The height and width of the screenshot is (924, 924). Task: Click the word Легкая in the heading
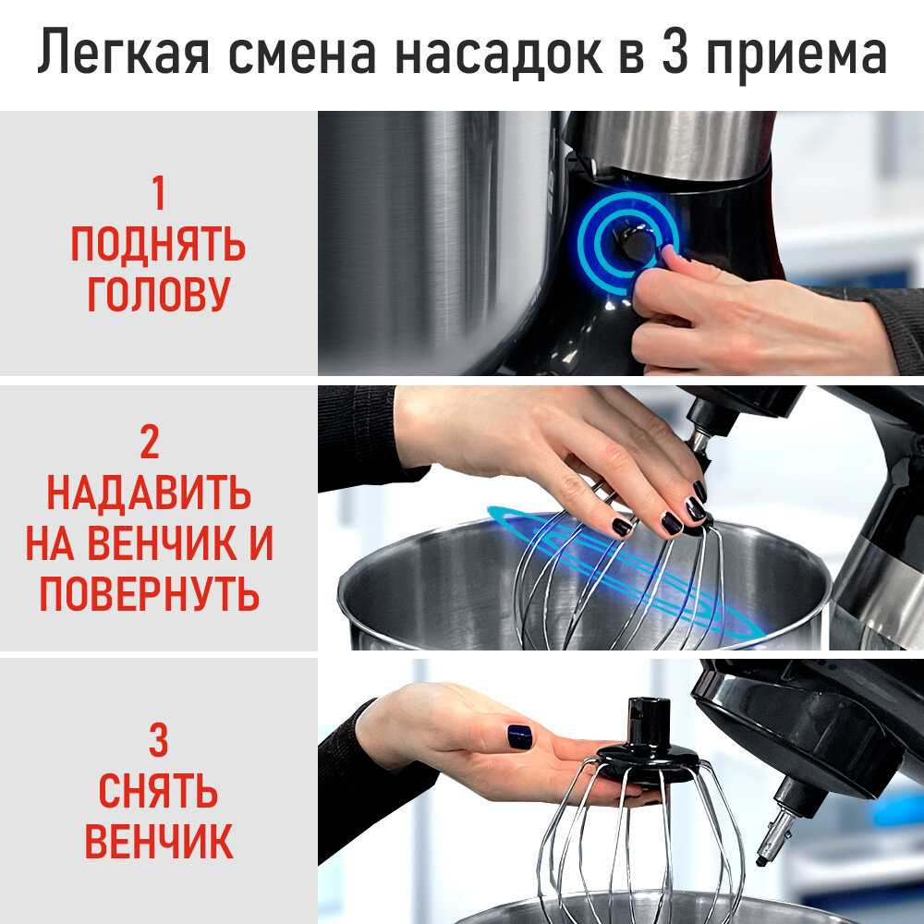(124, 53)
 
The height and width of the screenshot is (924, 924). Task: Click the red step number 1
(158, 193)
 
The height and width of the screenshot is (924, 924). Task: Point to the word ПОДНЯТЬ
(158, 244)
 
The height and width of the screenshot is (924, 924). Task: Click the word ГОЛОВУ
(158, 294)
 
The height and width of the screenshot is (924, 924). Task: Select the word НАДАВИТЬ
(149, 492)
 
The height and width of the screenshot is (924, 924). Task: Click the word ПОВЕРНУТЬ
(149, 593)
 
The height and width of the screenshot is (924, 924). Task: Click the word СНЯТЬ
(158, 791)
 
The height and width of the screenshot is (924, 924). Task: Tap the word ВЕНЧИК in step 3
(158, 842)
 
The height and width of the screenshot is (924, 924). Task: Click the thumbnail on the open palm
(519, 736)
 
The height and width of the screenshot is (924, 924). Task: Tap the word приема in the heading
(796, 57)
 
